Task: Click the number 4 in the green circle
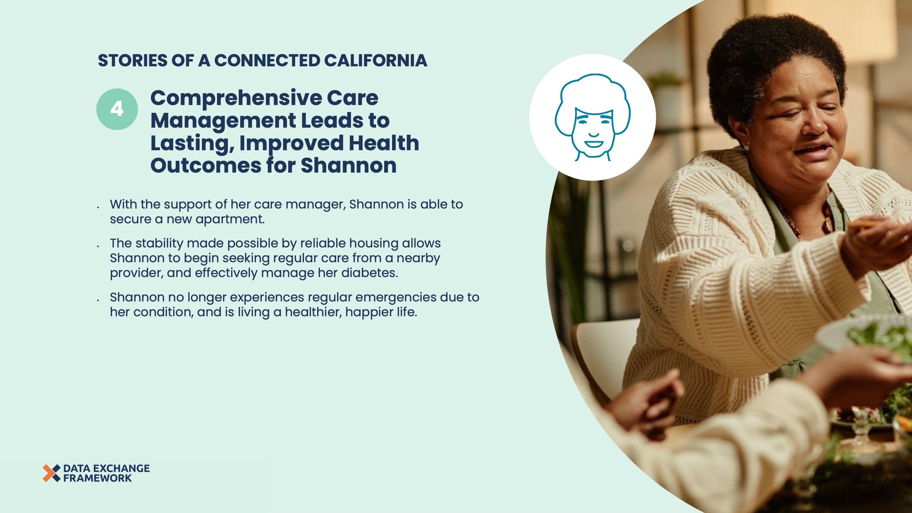tap(117, 109)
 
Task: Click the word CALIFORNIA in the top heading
tap(376, 60)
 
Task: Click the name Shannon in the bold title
tap(348, 165)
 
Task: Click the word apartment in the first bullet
tap(230, 219)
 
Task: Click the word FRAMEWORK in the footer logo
tap(97, 478)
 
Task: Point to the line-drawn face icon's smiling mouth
tap(594, 144)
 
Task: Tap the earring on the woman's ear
tap(744, 146)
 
